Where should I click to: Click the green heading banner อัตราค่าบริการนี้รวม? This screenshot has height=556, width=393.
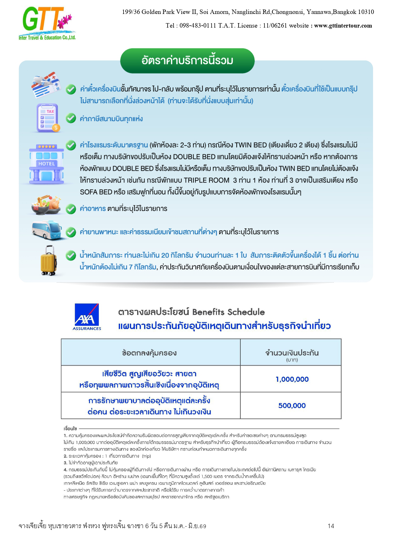187,61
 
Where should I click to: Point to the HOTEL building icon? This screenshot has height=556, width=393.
47,163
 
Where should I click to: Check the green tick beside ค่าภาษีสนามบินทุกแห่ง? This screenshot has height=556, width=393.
71,118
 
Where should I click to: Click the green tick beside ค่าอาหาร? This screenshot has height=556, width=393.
71,209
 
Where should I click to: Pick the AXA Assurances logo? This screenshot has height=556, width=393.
86,317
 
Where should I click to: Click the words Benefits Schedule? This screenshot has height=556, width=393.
228,312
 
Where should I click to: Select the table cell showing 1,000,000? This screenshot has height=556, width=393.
292,379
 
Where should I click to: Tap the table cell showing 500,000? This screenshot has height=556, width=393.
292,406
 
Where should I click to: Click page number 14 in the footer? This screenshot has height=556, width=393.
331,526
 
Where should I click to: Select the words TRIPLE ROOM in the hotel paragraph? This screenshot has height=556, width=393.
206,180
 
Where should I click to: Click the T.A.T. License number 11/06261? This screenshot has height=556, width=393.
275,26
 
